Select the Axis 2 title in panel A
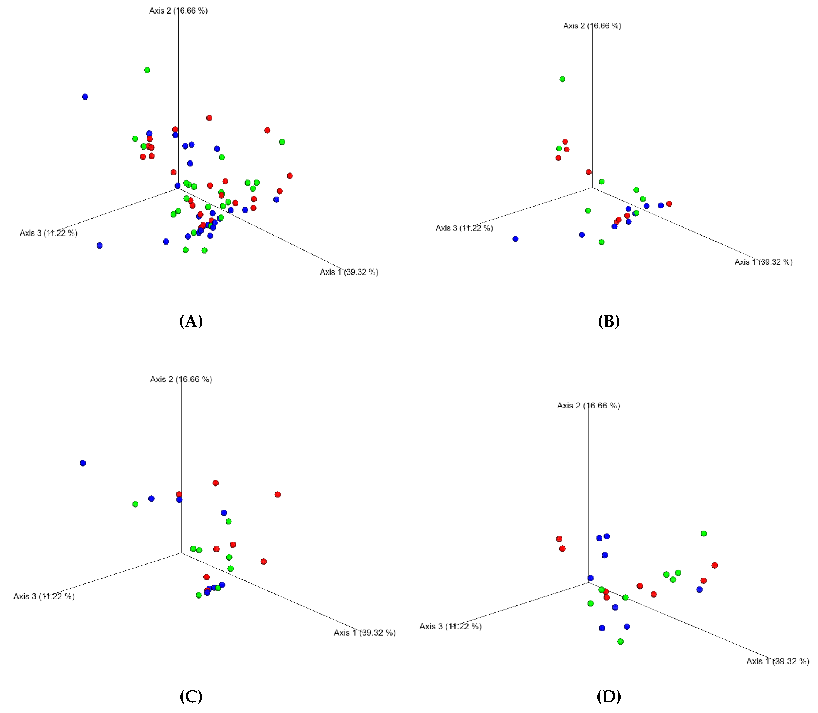point(178,11)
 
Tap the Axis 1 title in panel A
point(349,272)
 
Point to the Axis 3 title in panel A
point(49,233)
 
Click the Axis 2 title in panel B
point(592,26)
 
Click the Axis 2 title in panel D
point(588,406)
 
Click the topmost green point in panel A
point(147,70)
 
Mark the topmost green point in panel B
point(562,79)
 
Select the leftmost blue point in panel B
point(516,239)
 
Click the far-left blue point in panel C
point(83,463)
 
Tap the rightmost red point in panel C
point(278,494)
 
